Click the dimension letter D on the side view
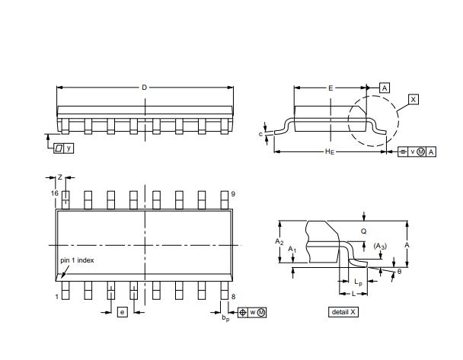point(144,88)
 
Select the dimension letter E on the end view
point(330,88)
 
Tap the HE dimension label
point(330,152)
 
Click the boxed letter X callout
point(413,100)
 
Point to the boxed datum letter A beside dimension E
point(385,88)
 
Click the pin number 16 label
point(54,194)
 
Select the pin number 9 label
point(232,194)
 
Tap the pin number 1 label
point(56,296)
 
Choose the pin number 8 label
point(232,296)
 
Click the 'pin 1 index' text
point(78,260)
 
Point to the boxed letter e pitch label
point(121,312)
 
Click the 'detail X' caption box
point(343,312)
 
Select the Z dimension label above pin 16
point(60,177)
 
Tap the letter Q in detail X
point(363,231)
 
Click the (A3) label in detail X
point(379,245)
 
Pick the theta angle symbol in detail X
point(398,271)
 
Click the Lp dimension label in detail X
point(358,282)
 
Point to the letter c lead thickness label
point(260,134)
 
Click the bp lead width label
point(225,317)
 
